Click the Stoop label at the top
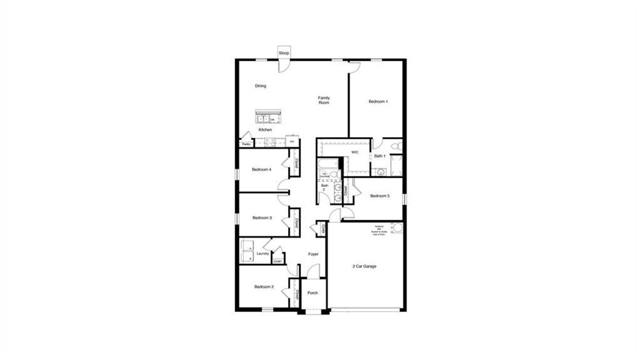click(284, 53)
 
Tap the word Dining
click(260, 86)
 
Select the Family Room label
click(324, 100)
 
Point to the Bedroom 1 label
click(378, 102)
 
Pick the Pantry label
click(246, 144)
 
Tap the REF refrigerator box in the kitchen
click(292, 142)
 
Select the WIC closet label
click(355, 152)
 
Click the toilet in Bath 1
click(396, 146)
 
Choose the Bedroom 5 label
click(380, 196)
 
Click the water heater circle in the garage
click(398, 228)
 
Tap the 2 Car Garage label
click(365, 266)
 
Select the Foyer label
click(313, 254)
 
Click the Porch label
click(312, 293)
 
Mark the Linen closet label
click(277, 261)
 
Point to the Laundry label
click(263, 254)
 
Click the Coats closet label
click(324, 229)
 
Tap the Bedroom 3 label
click(262, 218)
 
